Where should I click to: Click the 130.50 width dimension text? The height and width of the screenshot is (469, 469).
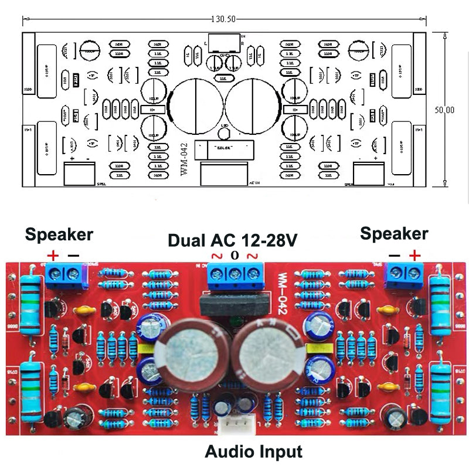tap(223, 19)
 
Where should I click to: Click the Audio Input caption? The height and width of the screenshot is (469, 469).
tap(253, 451)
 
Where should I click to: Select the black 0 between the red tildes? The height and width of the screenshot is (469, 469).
tap(235, 255)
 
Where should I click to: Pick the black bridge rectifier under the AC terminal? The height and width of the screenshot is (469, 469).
tap(235, 305)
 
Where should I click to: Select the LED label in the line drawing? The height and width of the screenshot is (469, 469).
tap(224, 127)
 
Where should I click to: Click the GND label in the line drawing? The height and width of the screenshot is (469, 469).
tap(224, 55)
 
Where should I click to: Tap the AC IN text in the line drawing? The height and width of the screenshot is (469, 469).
tap(254, 183)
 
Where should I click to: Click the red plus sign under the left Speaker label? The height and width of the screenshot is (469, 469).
tap(53, 255)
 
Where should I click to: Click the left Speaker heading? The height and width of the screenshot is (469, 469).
tap(59, 235)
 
